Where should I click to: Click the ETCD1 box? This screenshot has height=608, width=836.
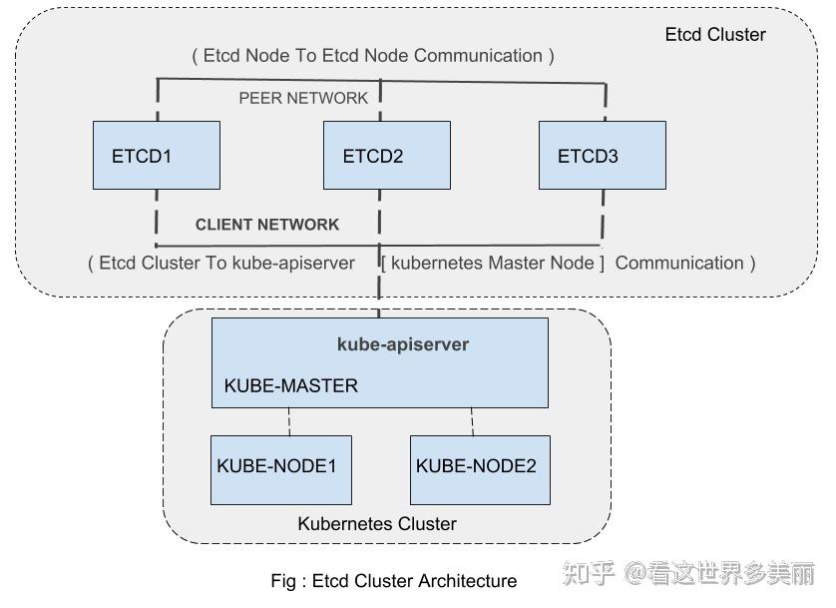click(156, 156)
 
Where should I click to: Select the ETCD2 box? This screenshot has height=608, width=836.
click(386, 156)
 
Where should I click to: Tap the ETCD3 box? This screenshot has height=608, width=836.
click(602, 156)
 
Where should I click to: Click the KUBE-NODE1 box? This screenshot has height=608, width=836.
click(280, 469)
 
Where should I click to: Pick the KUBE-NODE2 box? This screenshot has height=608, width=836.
click(480, 469)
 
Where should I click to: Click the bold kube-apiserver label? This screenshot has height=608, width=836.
click(403, 344)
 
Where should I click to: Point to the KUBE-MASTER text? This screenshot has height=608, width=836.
click(290, 385)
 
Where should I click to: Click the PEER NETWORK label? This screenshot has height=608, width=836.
click(303, 98)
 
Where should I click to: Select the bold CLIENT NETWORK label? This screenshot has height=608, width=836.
click(267, 225)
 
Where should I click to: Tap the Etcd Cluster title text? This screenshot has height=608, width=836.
click(715, 35)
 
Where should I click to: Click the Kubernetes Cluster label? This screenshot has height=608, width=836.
click(377, 523)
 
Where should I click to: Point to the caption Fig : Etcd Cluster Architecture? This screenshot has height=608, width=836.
click(393, 581)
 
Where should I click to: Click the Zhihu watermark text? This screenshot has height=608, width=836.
click(688, 574)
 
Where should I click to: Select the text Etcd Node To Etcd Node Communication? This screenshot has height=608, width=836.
click(373, 56)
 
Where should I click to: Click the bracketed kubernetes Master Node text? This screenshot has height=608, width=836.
click(493, 264)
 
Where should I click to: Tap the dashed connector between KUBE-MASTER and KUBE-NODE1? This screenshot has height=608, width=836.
click(289, 421)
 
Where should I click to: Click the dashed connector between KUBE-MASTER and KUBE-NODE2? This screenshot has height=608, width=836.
click(472, 421)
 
